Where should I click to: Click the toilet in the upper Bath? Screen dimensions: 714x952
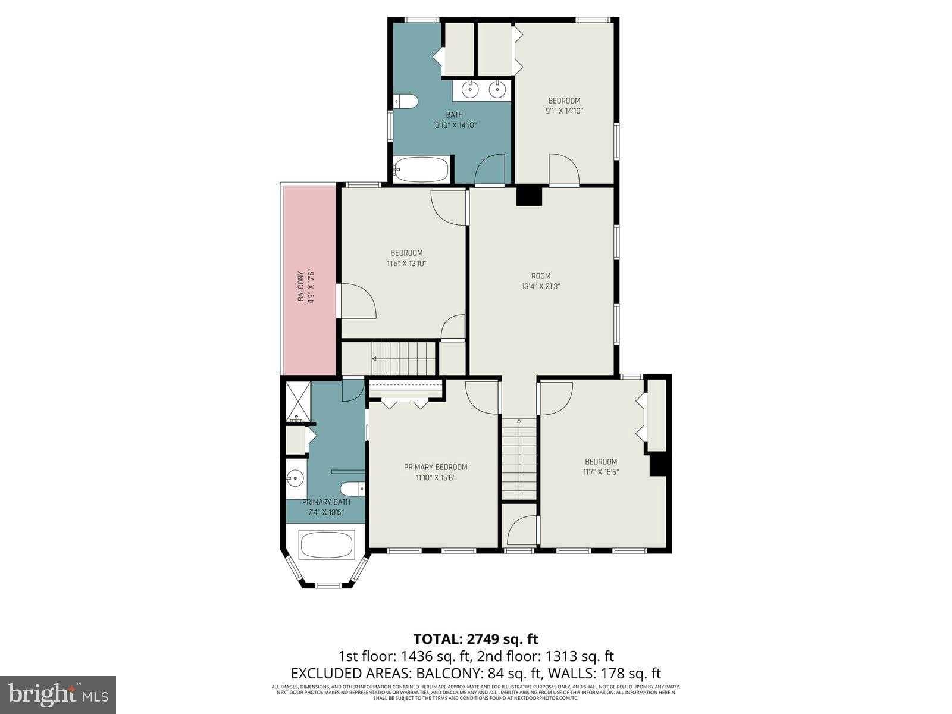pyautogui.click(x=406, y=102)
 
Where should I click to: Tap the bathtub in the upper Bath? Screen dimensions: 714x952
pyautogui.click(x=421, y=170)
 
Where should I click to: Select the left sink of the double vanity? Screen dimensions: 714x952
pyautogui.click(x=470, y=90)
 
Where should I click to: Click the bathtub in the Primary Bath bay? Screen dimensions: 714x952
pyautogui.click(x=327, y=544)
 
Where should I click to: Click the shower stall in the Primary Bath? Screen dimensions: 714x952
pyautogui.click(x=297, y=402)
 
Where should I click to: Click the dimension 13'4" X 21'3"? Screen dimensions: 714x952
pyautogui.click(x=541, y=286)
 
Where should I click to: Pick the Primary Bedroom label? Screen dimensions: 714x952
pyautogui.click(x=436, y=467)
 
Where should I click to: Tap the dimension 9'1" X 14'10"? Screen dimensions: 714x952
pyautogui.click(x=564, y=111)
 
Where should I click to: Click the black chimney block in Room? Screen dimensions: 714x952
pyautogui.click(x=529, y=196)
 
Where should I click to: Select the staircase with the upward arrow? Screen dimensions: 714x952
pyautogui.click(x=519, y=458)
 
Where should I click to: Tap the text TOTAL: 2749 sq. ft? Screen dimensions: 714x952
pyautogui.click(x=475, y=639)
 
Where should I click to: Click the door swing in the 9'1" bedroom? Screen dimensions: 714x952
pyautogui.click(x=563, y=169)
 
